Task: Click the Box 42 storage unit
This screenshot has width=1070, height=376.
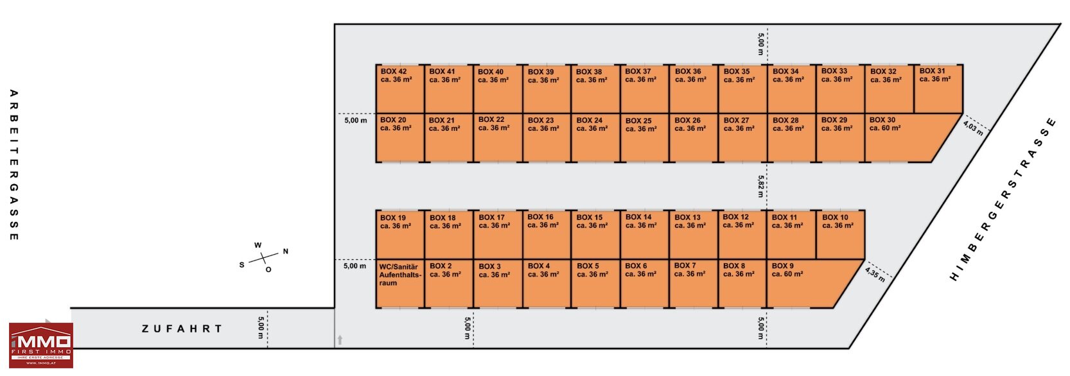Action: tap(400, 89)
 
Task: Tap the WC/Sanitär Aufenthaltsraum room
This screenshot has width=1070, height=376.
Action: tap(400, 284)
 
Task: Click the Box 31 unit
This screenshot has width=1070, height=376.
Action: tap(938, 89)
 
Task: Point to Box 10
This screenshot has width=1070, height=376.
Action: tap(840, 235)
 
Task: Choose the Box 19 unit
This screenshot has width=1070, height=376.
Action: tap(400, 235)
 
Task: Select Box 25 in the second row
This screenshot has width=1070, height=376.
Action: tap(645, 138)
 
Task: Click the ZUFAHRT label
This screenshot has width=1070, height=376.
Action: tap(182, 329)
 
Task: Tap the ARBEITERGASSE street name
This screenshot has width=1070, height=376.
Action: tap(14, 166)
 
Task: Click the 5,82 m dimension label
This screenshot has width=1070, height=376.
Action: tap(761, 186)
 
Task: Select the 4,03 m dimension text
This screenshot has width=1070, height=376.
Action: tap(973, 128)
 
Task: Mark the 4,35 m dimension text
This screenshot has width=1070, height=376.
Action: tap(875, 274)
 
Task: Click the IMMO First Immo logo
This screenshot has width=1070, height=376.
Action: tap(41, 345)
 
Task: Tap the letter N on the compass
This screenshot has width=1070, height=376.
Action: tap(286, 252)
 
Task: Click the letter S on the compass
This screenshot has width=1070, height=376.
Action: tap(241, 265)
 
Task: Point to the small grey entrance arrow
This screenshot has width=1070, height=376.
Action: tap(340, 340)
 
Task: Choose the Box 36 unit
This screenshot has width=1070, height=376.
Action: tap(694, 89)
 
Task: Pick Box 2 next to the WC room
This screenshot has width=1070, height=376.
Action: tap(449, 284)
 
